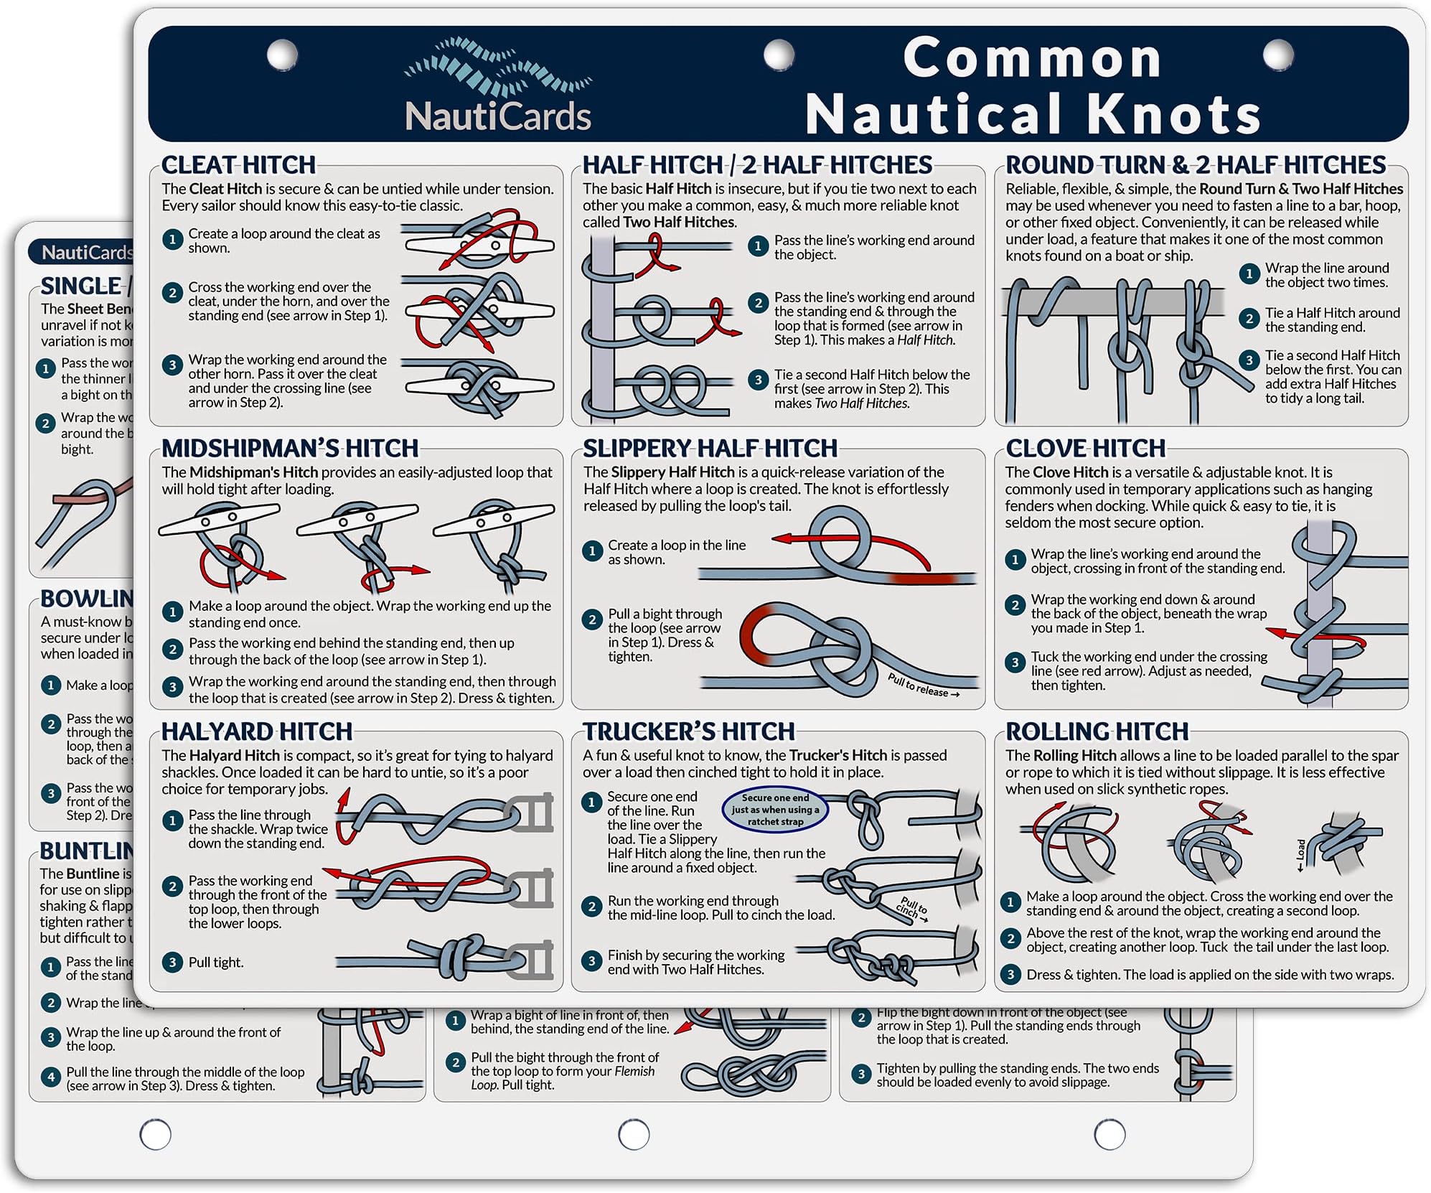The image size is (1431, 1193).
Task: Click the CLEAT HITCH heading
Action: click(238, 165)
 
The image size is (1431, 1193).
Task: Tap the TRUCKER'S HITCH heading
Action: click(688, 731)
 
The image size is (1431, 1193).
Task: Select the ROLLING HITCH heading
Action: click(1097, 731)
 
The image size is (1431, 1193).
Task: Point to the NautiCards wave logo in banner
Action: click(498, 68)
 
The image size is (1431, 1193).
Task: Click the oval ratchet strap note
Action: click(775, 810)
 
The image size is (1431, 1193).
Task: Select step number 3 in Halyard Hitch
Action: click(172, 963)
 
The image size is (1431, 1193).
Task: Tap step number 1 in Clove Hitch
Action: click(1015, 560)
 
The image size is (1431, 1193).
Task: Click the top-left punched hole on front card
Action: click(282, 55)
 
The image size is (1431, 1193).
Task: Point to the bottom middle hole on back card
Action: click(633, 1135)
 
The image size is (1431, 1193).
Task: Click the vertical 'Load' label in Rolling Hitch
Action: click(1300, 855)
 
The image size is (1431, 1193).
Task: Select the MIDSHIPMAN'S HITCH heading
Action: click(290, 449)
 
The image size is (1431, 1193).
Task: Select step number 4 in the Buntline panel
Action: click(50, 1077)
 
